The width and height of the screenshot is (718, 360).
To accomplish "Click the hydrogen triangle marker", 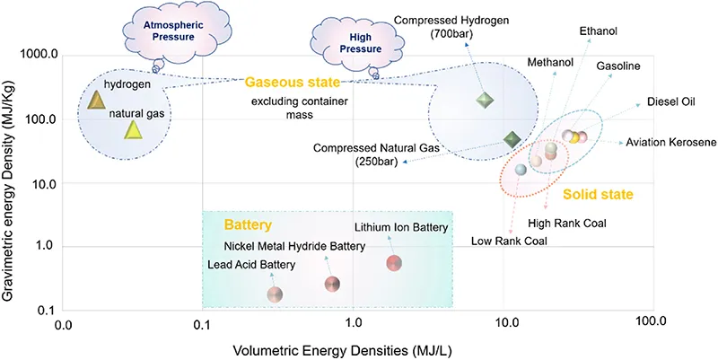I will coord(97,101).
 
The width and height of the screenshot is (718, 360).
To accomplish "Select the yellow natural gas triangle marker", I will coord(133,131).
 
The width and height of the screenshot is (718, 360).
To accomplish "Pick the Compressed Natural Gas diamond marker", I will coord(512,139).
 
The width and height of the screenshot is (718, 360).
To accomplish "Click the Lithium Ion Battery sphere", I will coord(393,263).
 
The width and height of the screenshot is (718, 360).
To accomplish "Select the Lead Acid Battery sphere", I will coord(276,294).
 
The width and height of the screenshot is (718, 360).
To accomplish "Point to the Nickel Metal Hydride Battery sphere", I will coord(332,285).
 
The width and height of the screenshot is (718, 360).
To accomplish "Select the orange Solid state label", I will coord(598,194).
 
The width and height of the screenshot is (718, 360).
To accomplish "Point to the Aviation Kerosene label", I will coord(670,143).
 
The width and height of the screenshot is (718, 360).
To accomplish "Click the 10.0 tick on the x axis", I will coord(505,320).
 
